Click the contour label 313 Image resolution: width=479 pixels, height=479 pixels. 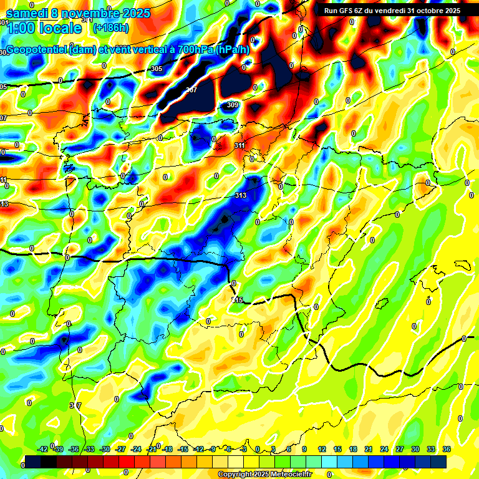point(241,195)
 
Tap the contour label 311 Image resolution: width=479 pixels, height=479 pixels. point(239,145)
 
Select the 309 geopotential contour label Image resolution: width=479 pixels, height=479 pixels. point(233,105)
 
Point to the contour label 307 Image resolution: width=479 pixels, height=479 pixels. point(191,90)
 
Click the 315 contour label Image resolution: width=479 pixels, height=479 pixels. point(237,300)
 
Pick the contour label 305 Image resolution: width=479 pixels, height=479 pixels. point(157,69)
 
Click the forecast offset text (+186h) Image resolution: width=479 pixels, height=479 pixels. point(110,27)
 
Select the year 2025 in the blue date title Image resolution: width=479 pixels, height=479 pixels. point(133,13)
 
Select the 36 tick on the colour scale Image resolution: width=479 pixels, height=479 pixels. point(447,449)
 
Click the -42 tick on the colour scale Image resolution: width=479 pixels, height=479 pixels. point(43,449)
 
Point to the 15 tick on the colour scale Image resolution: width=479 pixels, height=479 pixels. point(337,449)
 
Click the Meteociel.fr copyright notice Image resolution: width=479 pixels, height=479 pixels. point(264,474)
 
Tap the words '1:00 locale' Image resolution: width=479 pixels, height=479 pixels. point(44,28)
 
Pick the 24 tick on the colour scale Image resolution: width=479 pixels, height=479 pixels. point(384,449)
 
